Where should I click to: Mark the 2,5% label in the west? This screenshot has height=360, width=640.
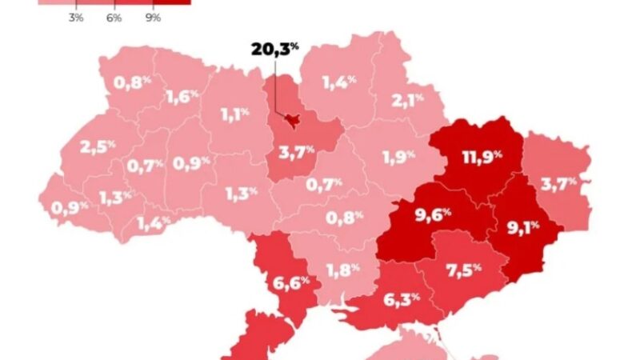[x=98, y=147]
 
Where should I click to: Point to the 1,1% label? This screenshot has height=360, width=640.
[x=234, y=114]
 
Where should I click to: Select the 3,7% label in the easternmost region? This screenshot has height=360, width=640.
[x=558, y=184]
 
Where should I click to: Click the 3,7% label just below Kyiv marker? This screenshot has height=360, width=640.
[x=297, y=151]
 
